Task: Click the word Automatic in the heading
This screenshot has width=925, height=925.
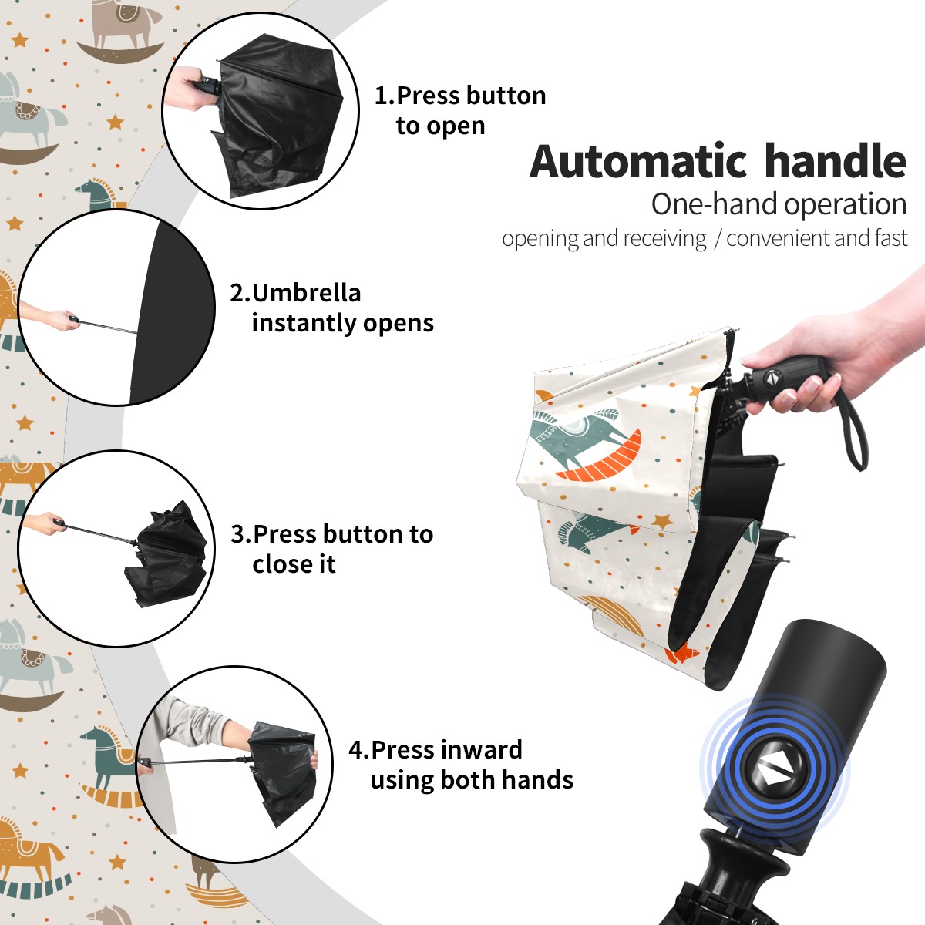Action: coord(638,162)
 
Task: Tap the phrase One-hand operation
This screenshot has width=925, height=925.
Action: coord(779,204)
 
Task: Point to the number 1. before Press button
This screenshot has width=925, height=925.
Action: coord(385,96)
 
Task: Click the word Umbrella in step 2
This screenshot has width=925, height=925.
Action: coord(306,293)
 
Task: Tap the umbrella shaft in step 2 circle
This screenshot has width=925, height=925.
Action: coord(109,327)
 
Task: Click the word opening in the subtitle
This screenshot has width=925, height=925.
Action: coord(540,239)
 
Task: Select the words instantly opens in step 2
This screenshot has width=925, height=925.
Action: coord(343,322)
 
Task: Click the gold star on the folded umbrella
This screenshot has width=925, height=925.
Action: coord(662,520)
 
